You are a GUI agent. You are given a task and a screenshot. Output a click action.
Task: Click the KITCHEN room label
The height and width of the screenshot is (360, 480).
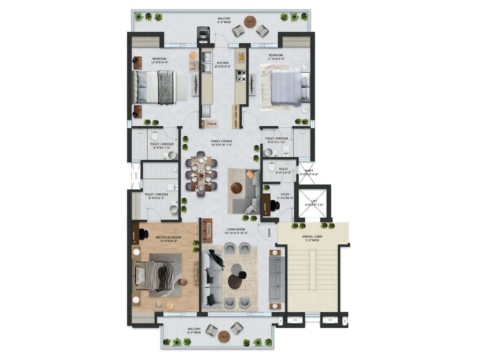223,63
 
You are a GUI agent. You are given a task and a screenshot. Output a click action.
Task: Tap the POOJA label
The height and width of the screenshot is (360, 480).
212,124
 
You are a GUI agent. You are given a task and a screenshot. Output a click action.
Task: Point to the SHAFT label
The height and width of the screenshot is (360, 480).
309,171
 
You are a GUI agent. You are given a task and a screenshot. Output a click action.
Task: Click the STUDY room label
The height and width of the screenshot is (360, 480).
285,194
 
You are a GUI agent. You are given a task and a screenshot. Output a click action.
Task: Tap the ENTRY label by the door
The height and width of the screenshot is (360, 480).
269,232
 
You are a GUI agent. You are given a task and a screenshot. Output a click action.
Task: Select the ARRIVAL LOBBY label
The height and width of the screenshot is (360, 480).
312,237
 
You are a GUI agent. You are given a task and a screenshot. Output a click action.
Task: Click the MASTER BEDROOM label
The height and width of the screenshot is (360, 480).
168,237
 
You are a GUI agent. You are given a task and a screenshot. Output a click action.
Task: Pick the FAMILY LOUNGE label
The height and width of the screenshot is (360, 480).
221,141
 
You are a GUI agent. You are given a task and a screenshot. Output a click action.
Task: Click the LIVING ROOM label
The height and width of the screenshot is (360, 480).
236,229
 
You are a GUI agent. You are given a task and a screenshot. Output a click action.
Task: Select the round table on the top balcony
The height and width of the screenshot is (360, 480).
250,21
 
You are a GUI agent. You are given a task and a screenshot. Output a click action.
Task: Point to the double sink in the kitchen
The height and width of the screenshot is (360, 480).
206,63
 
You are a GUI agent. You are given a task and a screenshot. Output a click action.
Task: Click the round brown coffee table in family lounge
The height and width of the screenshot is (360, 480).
237,188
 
